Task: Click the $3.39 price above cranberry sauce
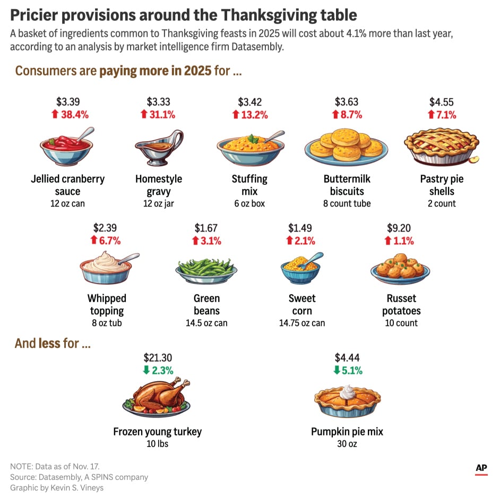68,102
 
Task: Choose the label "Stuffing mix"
249,185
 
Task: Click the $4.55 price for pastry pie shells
442,102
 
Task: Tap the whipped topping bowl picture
106,268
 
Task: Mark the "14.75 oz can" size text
302,323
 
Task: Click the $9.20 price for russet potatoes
399,228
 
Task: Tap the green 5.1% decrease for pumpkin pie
351,371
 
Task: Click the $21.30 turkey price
158,358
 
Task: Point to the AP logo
481,468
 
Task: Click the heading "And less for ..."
53,344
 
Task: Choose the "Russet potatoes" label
401,304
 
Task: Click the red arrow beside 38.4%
53,115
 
